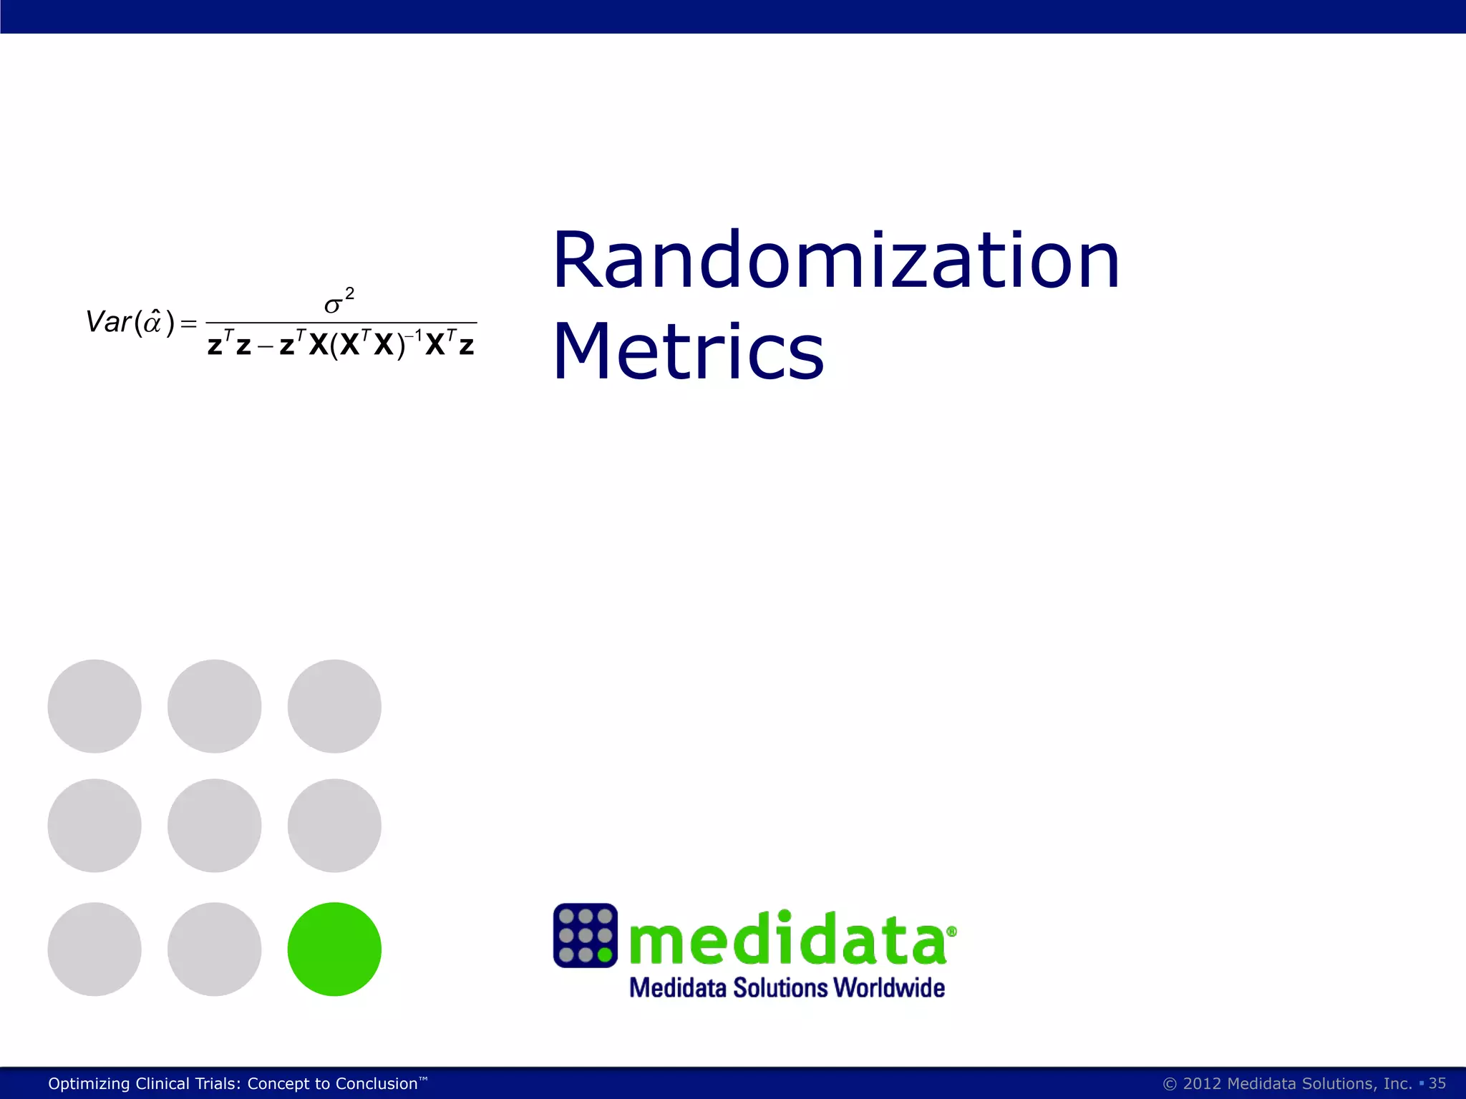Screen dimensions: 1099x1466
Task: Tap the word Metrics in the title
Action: (x=688, y=351)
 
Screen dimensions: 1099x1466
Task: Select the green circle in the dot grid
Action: (x=334, y=949)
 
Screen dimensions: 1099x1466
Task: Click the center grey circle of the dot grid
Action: (x=214, y=825)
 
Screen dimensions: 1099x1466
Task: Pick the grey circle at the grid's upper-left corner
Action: (x=94, y=705)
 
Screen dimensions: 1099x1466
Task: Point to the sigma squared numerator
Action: (x=338, y=303)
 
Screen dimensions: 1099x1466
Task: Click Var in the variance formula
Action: (x=107, y=322)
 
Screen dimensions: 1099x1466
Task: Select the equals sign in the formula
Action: (x=188, y=324)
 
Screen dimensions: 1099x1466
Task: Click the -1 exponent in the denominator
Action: (x=414, y=334)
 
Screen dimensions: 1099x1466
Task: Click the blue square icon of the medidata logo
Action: (x=585, y=935)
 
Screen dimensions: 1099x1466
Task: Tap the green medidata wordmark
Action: (x=787, y=939)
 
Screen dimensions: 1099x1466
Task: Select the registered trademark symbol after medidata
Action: (x=951, y=931)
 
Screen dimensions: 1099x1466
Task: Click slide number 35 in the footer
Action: (x=1437, y=1083)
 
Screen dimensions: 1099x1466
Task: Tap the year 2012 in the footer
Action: (x=1202, y=1083)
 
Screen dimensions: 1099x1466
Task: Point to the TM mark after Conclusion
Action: (x=423, y=1078)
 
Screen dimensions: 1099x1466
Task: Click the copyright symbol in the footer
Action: (x=1170, y=1084)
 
